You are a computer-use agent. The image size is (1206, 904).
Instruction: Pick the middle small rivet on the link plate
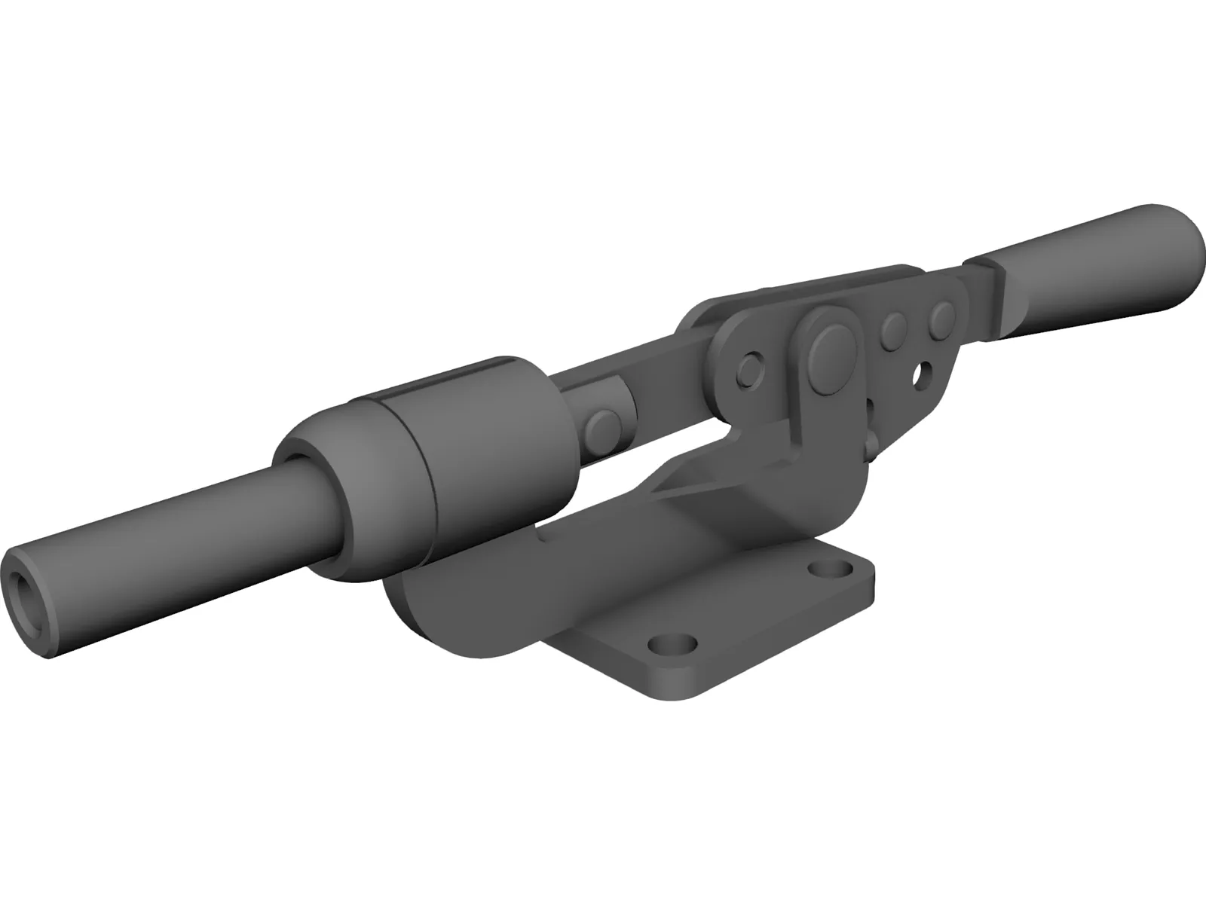click(x=895, y=328)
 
